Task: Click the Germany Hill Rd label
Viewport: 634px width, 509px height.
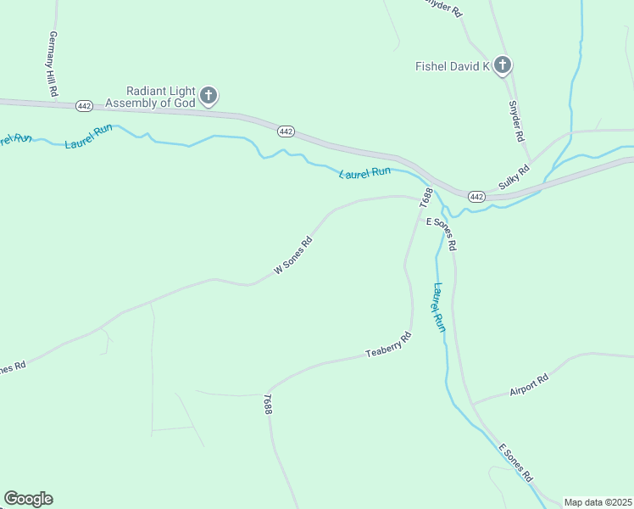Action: click(x=53, y=64)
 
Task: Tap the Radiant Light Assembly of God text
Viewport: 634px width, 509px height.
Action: click(x=160, y=97)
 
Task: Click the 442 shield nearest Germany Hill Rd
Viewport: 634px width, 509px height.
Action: click(x=84, y=106)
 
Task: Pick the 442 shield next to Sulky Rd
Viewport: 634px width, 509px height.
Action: click(x=476, y=197)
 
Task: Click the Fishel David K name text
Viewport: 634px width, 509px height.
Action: click(x=453, y=66)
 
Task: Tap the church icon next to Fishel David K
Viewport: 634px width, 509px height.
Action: click(x=503, y=65)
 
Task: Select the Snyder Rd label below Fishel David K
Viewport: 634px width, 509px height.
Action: click(x=516, y=121)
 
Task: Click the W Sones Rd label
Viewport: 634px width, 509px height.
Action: click(x=293, y=255)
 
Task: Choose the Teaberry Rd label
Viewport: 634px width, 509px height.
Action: click(x=388, y=344)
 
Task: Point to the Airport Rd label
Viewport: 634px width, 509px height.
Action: click(x=529, y=385)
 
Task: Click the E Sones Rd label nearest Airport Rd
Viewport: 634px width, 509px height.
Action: click(x=514, y=461)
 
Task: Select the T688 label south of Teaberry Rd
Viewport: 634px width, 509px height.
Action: click(x=268, y=404)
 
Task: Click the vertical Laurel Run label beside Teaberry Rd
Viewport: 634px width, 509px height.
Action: click(x=438, y=307)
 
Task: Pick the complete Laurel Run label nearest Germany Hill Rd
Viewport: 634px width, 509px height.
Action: click(x=88, y=137)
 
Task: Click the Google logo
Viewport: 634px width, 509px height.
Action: click(x=28, y=499)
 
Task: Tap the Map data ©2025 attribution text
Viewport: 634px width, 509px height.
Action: click(x=598, y=502)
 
